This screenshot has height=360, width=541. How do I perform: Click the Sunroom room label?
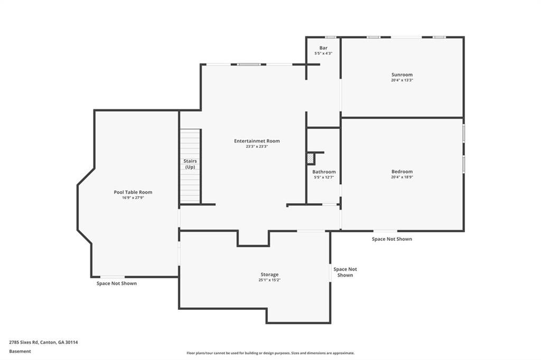pos(402,74)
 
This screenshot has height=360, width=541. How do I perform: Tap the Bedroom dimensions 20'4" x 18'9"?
pos(402,177)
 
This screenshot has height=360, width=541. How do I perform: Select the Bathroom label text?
pos(324,172)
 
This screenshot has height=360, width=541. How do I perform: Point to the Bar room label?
pos(323,48)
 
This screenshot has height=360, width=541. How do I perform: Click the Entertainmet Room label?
pos(257,141)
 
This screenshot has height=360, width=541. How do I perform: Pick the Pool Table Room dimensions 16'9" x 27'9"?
pos(133,197)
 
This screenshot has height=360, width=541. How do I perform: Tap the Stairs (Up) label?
pos(190,164)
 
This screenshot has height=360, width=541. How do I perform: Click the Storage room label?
pos(269,274)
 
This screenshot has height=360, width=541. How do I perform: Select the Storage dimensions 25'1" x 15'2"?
pos(269,280)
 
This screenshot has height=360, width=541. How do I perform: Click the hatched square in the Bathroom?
pos(311,159)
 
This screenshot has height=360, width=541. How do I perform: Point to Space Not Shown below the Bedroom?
pos(392,239)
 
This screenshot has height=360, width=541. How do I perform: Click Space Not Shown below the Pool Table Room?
pos(117,283)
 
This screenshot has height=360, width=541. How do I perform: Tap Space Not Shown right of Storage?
pos(345,272)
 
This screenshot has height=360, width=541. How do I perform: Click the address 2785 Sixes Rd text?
pos(24,343)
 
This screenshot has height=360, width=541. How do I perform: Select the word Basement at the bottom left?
pos(20,352)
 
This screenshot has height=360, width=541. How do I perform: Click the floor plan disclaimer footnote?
pos(270,353)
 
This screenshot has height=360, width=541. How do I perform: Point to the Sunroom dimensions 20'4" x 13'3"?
pos(402,80)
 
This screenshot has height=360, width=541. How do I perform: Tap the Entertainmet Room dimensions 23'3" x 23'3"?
pos(257,146)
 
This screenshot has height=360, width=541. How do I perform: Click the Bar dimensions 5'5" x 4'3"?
pos(323,53)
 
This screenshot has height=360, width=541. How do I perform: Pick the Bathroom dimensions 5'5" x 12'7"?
pos(324,177)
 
